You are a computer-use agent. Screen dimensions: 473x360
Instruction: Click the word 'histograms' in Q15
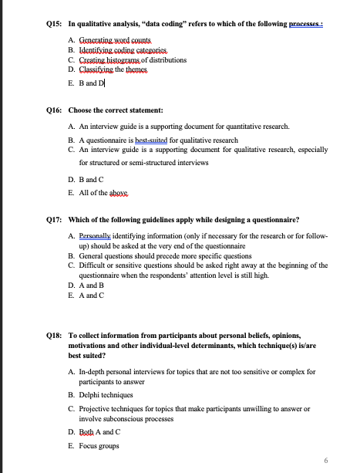[127, 59]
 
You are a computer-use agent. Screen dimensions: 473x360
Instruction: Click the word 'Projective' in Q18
[95, 408]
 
